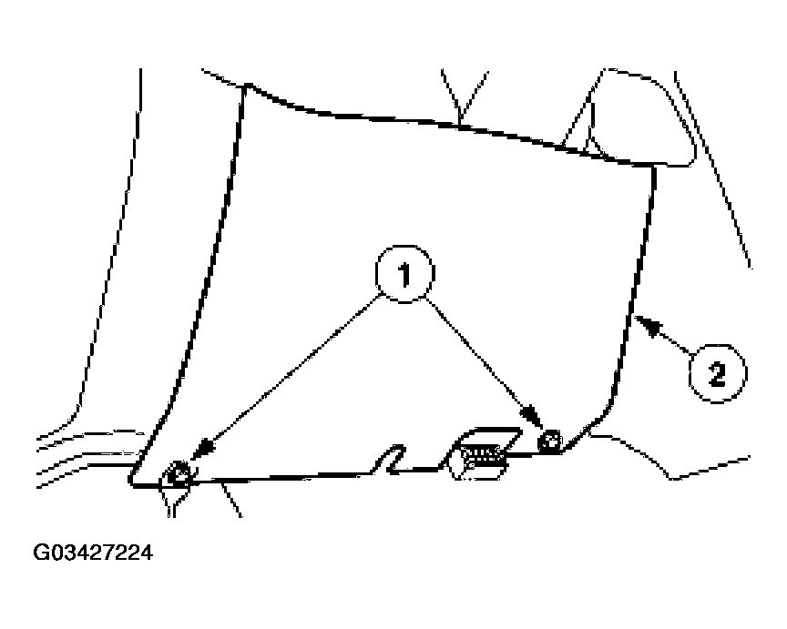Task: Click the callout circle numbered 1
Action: [x=404, y=274]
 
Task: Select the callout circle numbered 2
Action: [x=717, y=372]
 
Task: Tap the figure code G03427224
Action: [x=92, y=553]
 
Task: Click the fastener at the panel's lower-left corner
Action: [x=179, y=473]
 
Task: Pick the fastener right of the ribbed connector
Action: [x=549, y=441]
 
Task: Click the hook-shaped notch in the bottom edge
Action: [x=392, y=458]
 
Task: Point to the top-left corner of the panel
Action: [x=245, y=86]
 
